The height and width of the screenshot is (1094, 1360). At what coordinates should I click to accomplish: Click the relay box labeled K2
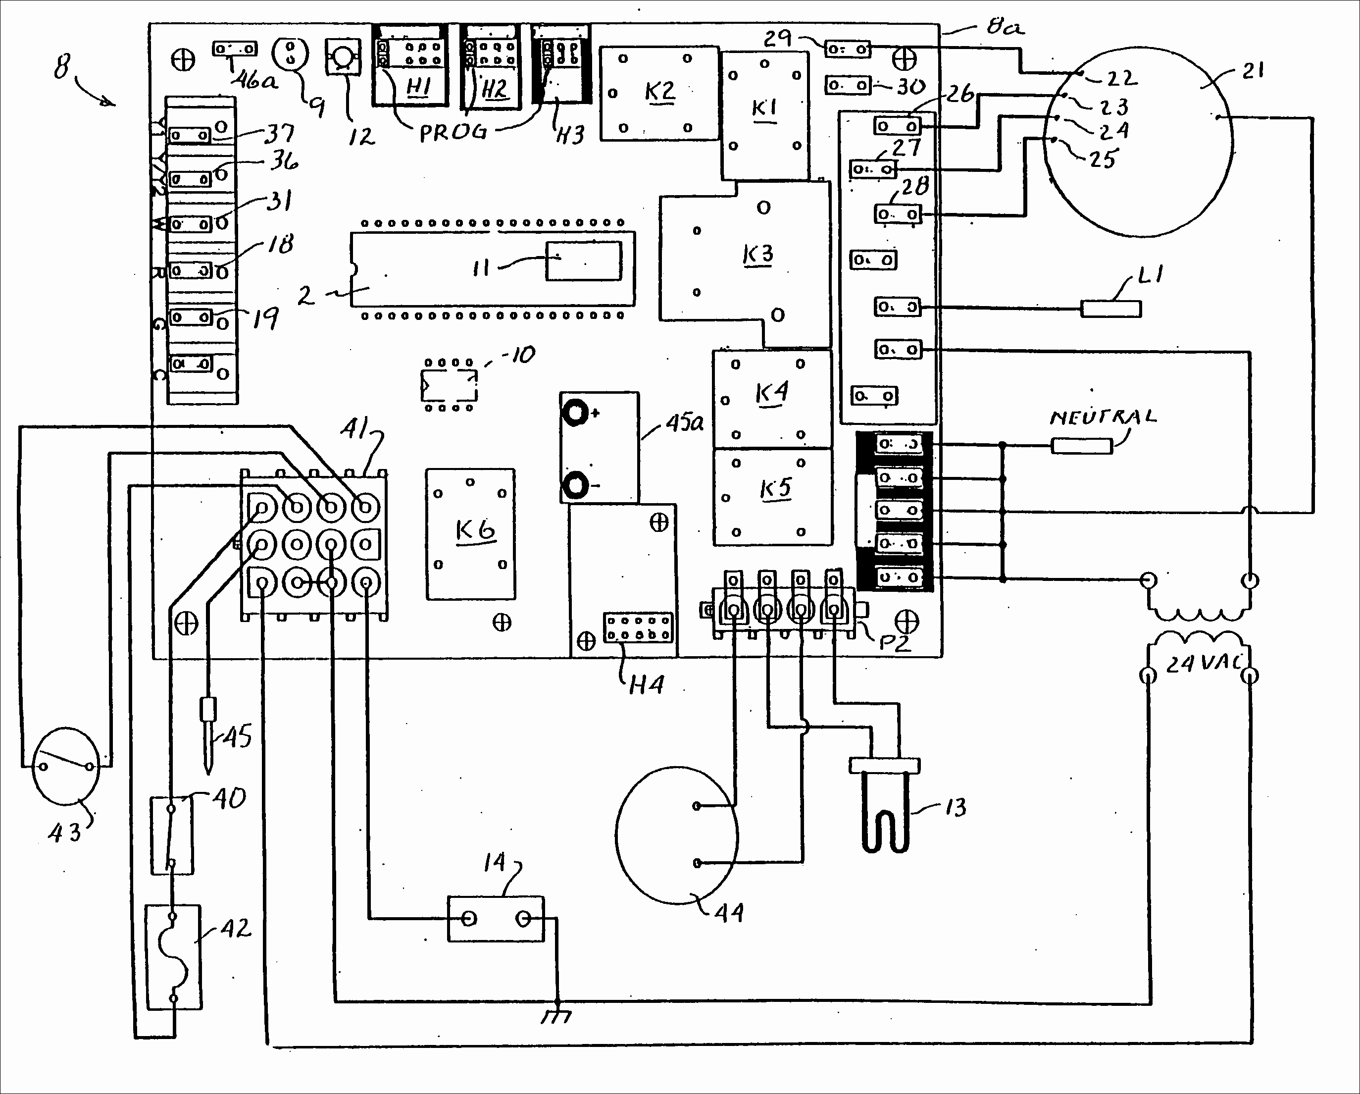pyautogui.click(x=659, y=93)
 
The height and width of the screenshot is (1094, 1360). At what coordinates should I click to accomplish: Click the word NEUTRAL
pyautogui.click(x=1103, y=417)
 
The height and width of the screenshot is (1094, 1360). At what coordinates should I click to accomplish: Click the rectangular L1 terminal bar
pyautogui.click(x=1111, y=309)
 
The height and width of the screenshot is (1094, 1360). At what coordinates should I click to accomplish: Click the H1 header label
pyautogui.click(x=418, y=87)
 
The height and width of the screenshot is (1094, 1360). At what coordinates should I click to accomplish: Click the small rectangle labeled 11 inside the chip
pyautogui.click(x=584, y=260)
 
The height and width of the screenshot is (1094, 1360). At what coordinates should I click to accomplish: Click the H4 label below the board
pyautogui.click(x=647, y=684)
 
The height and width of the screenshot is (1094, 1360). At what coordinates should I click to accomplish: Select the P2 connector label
pyautogui.click(x=895, y=643)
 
